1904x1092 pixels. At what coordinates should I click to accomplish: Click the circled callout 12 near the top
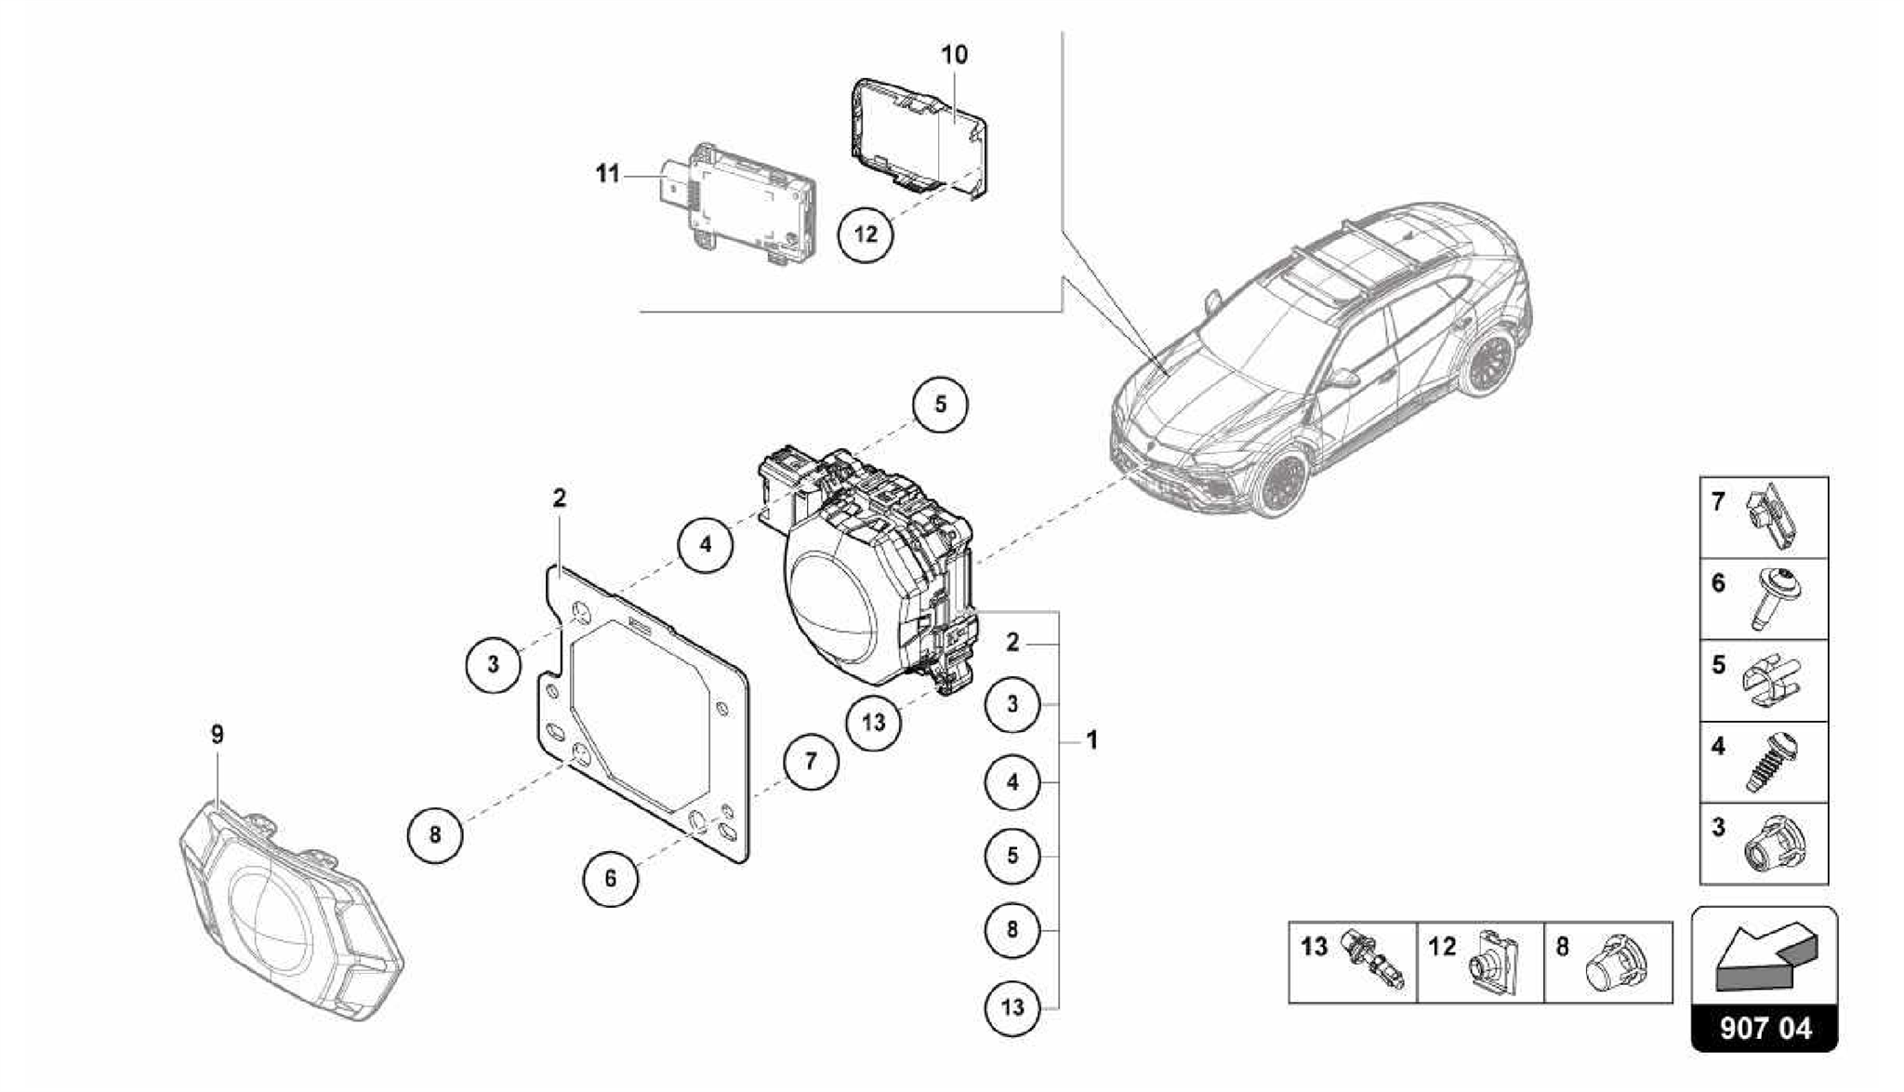coord(866,233)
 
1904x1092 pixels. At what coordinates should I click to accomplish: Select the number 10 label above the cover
coord(954,55)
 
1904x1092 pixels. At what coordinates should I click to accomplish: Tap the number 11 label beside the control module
coord(607,174)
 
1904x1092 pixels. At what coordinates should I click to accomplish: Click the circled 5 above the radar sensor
coord(940,405)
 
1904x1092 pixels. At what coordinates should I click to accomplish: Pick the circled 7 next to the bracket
coord(811,762)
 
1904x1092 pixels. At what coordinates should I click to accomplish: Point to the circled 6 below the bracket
coord(611,878)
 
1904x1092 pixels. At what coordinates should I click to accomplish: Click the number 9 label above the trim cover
coord(217,735)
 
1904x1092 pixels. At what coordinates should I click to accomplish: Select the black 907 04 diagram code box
coord(1765,1029)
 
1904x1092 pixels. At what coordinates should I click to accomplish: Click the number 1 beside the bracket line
coord(1092,740)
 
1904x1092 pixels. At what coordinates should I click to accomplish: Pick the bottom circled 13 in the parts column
coord(1012,1007)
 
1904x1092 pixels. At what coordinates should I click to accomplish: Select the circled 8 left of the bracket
coord(435,834)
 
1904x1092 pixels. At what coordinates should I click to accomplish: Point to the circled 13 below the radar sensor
coord(874,722)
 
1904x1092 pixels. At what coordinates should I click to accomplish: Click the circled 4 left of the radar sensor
coord(706,544)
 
